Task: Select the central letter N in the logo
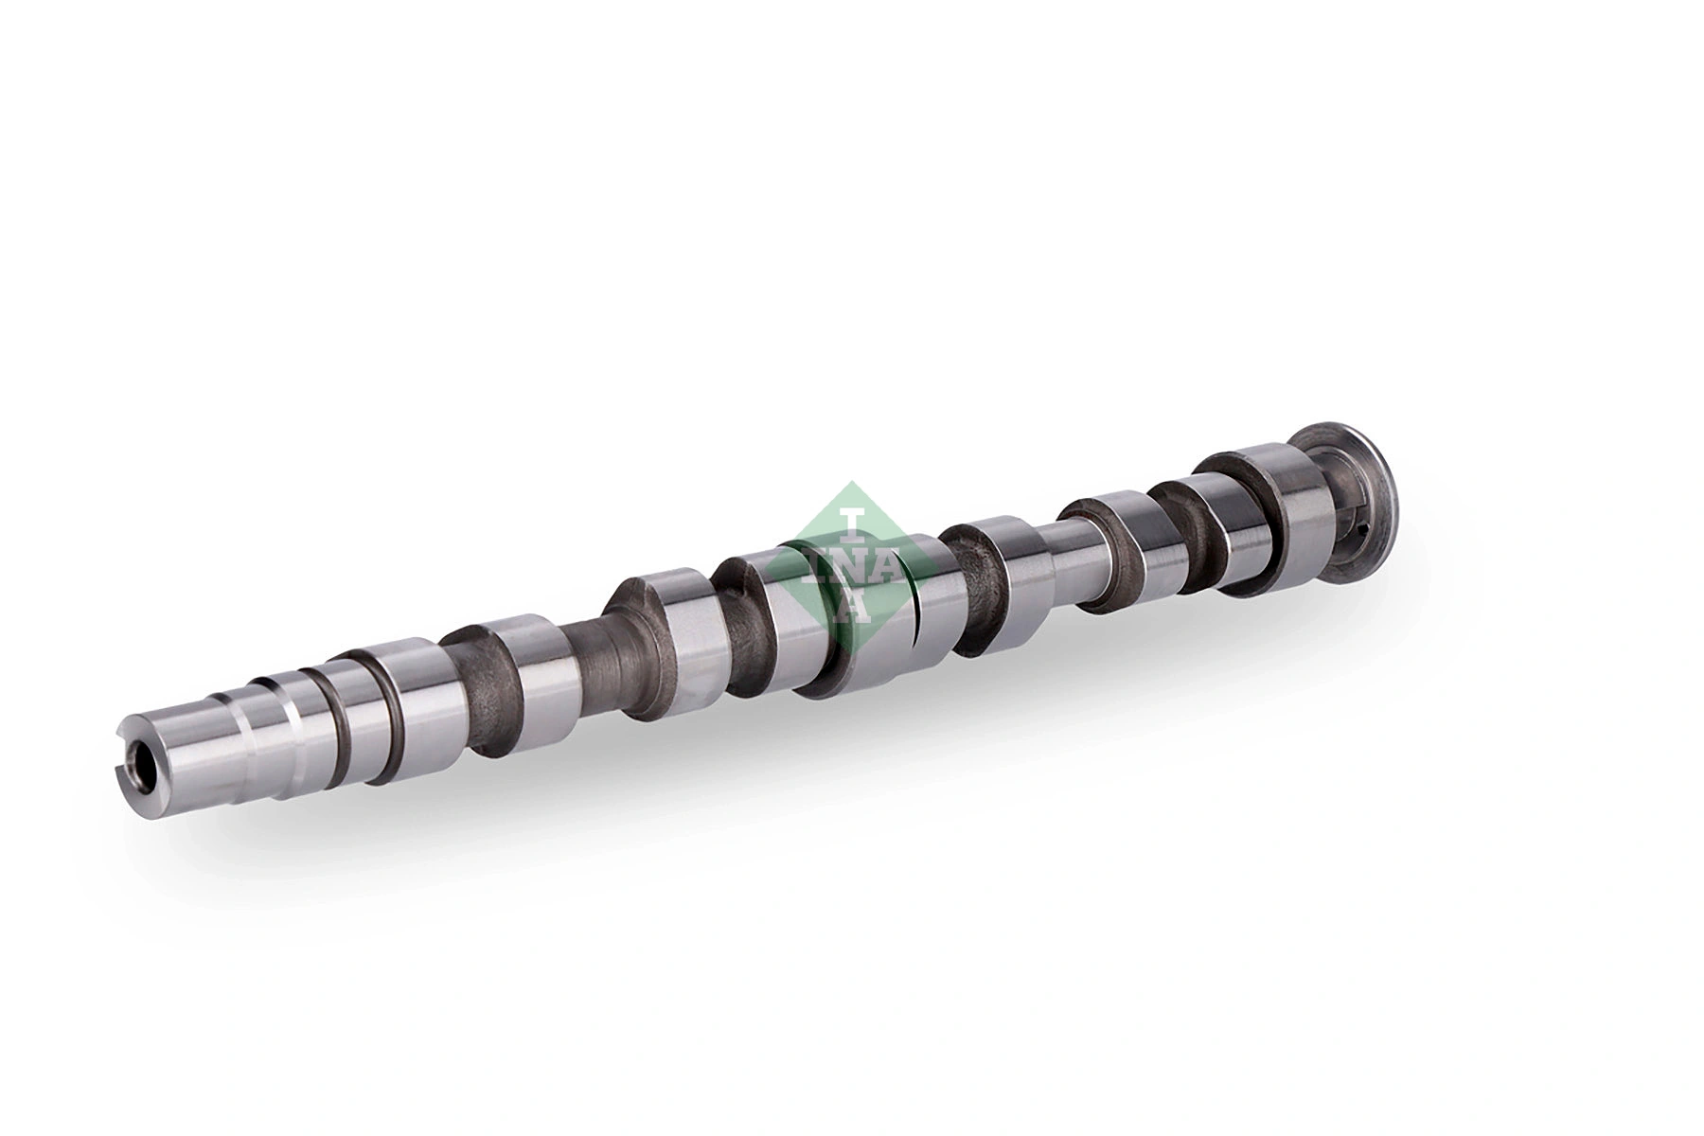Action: click(852, 565)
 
